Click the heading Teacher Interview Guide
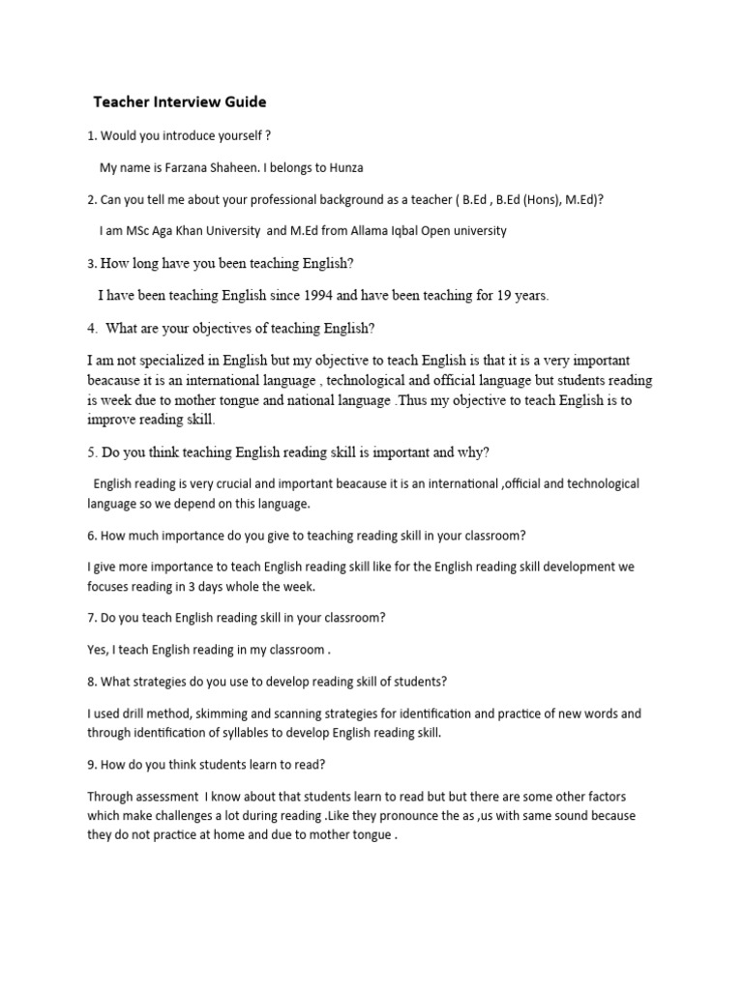click(x=179, y=102)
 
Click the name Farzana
click(x=195, y=167)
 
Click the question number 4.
click(x=91, y=328)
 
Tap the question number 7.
click(x=91, y=617)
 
